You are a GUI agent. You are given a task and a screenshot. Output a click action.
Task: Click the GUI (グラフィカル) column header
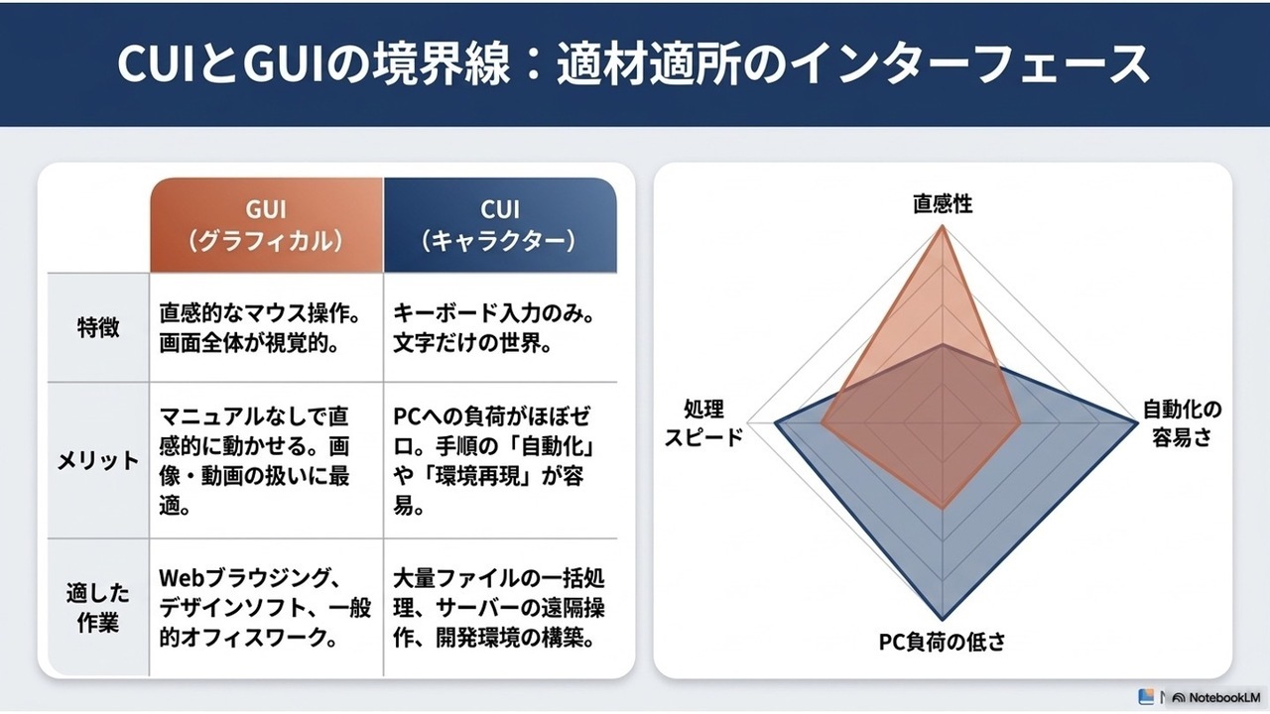point(267,225)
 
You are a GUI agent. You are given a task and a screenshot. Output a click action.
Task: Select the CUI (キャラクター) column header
point(500,225)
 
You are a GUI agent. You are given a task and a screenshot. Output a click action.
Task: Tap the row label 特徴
point(98,327)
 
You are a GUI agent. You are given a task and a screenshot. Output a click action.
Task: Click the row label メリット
point(98,460)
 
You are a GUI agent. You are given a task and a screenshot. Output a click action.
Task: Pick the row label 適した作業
point(98,608)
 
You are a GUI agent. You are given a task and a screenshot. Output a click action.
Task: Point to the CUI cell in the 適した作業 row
point(499,608)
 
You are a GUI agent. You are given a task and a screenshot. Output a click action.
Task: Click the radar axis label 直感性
point(943,204)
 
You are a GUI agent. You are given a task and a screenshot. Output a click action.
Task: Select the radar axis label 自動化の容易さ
point(1182,422)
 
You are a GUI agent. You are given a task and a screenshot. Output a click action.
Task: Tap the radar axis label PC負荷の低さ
point(943,642)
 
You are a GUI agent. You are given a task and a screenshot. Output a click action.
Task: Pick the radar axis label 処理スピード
point(703,422)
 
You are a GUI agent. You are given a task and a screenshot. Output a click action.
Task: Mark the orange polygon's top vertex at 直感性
point(943,226)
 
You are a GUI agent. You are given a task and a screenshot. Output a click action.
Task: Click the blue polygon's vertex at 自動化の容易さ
point(1137,422)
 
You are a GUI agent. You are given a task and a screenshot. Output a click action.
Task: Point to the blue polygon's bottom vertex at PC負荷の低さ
point(943,620)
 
